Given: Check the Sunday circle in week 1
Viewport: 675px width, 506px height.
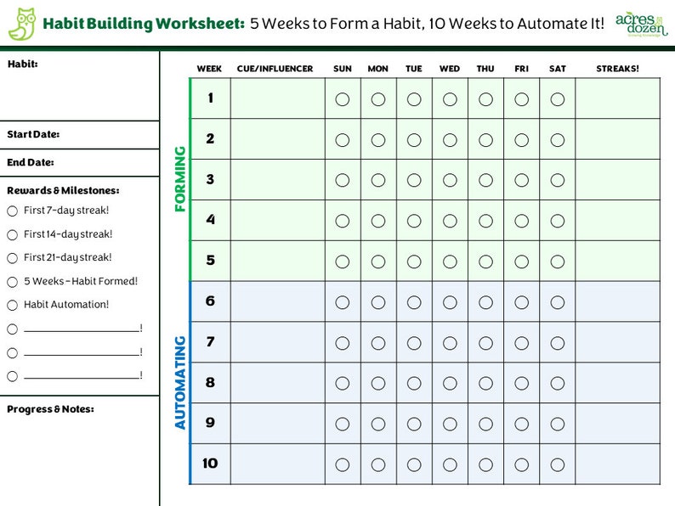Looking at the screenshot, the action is click(x=343, y=99).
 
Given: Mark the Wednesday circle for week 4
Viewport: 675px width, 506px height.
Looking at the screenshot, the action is click(x=450, y=221).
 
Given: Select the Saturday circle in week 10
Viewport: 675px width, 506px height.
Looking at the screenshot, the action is click(x=558, y=464).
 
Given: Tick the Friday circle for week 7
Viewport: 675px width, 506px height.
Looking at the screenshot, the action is click(x=521, y=343).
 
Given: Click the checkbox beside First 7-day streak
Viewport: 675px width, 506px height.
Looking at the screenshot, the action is click(x=12, y=211).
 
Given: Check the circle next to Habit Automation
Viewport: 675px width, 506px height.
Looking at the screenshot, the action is click(x=12, y=305).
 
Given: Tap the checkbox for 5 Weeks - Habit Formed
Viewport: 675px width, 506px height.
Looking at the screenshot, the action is click(x=12, y=282).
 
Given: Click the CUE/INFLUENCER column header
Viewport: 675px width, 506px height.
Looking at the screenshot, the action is click(x=275, y=69).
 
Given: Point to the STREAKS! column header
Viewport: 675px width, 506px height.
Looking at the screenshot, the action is click(x=617, y=69).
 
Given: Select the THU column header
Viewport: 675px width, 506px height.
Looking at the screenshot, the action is click(x=485, y=69).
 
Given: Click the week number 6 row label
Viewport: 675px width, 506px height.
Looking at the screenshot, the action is click(x=210, y=301).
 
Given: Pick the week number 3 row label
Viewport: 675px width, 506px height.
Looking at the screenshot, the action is click(x=210, y=180).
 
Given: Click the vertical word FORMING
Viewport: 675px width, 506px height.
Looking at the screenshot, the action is click(x=180, y=179).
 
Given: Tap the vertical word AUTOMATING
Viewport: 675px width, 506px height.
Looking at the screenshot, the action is click(x=180, y=382).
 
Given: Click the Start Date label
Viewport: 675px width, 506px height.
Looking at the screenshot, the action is click(x=33, y=134).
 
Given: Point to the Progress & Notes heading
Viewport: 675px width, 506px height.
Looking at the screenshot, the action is click(x=50, y=409).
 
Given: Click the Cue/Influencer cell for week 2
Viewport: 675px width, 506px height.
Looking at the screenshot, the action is click(x=277, y=139).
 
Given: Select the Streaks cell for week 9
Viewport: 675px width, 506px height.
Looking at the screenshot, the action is click(x=617, y=423).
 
